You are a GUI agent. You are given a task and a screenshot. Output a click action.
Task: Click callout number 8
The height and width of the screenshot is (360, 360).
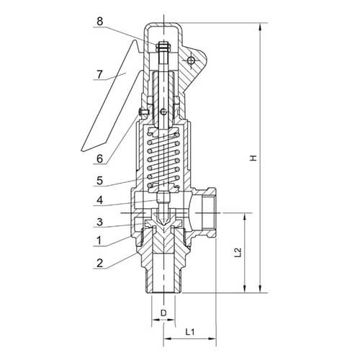click(100, 22)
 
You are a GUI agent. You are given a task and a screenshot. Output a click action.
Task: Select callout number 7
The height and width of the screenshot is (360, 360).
click(100, 74)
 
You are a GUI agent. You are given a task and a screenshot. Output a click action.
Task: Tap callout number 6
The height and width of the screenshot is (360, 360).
click(100, 158)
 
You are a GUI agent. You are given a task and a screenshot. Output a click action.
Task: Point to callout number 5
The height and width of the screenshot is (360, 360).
click(100, 181)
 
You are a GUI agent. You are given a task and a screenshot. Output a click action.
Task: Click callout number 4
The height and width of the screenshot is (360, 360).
click(100, 200)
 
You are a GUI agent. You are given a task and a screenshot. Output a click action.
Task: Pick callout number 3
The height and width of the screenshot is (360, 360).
click(100, 222)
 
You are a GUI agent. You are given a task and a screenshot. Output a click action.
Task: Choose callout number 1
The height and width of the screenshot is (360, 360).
click(99, 240)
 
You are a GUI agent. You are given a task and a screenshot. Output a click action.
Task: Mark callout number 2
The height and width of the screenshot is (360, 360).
click(100, 263)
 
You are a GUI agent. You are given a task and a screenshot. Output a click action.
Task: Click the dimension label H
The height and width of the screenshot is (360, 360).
click(253, 158)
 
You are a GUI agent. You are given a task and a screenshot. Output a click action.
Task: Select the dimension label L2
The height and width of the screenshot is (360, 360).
click(238, 253)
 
